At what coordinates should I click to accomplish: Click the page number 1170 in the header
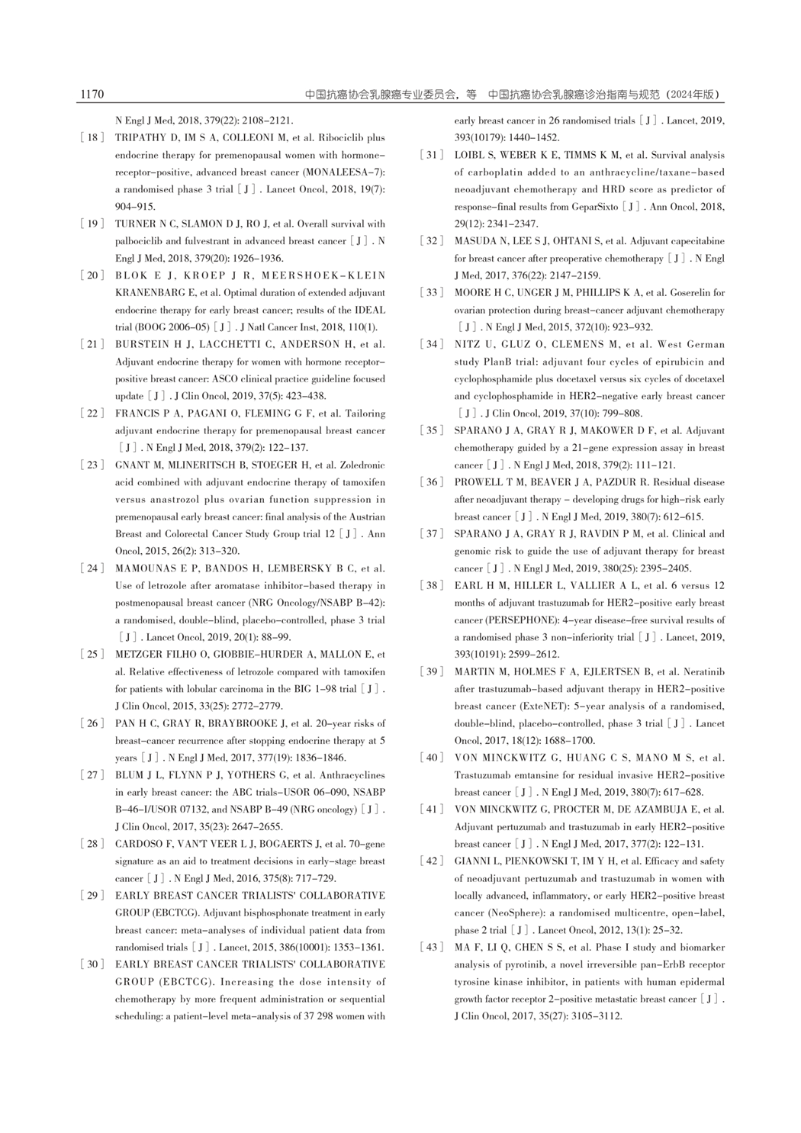pos(92,95)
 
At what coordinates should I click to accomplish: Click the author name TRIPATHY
pos(138,138)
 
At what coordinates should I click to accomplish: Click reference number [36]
pos(431,482)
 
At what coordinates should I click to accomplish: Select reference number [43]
pos(431,947)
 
